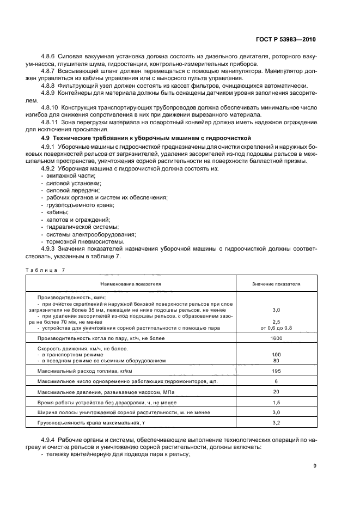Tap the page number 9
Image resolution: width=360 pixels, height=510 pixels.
pos(315,465)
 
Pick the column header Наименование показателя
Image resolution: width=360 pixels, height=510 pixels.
pos(130,283)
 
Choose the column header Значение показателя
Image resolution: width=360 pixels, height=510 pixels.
pos(276,283)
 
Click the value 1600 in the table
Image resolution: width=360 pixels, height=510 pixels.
pos(276,338)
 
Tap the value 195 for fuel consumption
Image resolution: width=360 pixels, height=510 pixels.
pos(276,371)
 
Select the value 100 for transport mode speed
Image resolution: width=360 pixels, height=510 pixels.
pos(276,354)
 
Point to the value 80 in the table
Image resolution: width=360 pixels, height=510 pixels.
pos(276,360)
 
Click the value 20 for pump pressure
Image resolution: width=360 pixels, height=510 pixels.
pos(276,391)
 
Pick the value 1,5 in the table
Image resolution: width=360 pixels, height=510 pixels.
pos(276,402)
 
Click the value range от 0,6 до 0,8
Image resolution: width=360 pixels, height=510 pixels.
pos(276,327)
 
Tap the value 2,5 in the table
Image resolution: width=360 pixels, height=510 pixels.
pos(276,321)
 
